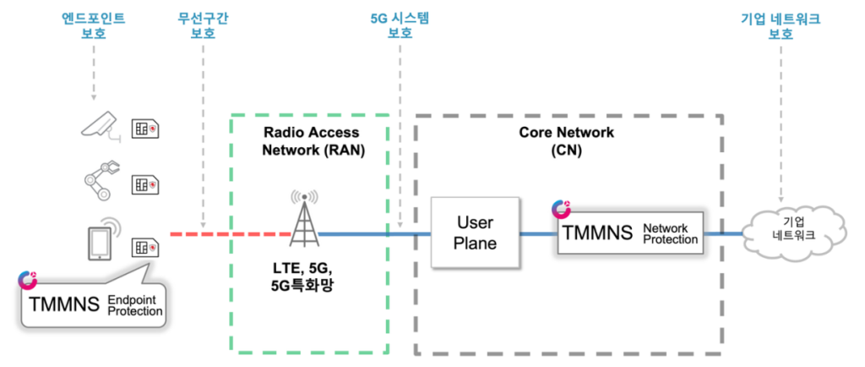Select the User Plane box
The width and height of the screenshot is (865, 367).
pyautogui.click(x=474, y=233)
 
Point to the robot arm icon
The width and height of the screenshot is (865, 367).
pyautogui.click(x=102, y=179)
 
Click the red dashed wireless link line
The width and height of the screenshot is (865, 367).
pyautogui.click(x=228, y=233)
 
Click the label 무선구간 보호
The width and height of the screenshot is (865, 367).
pyautogui.click(x=203, y=26)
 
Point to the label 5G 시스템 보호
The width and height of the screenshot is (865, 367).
pyautogui.click(x=400, y=26)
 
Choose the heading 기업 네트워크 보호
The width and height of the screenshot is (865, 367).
pyautogui.click(x=781, y=26)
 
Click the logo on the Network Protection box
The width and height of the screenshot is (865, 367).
pyautogui.click(x=560, y=209)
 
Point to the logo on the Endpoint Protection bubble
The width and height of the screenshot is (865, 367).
pyautogui.click(x=30, y=280)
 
